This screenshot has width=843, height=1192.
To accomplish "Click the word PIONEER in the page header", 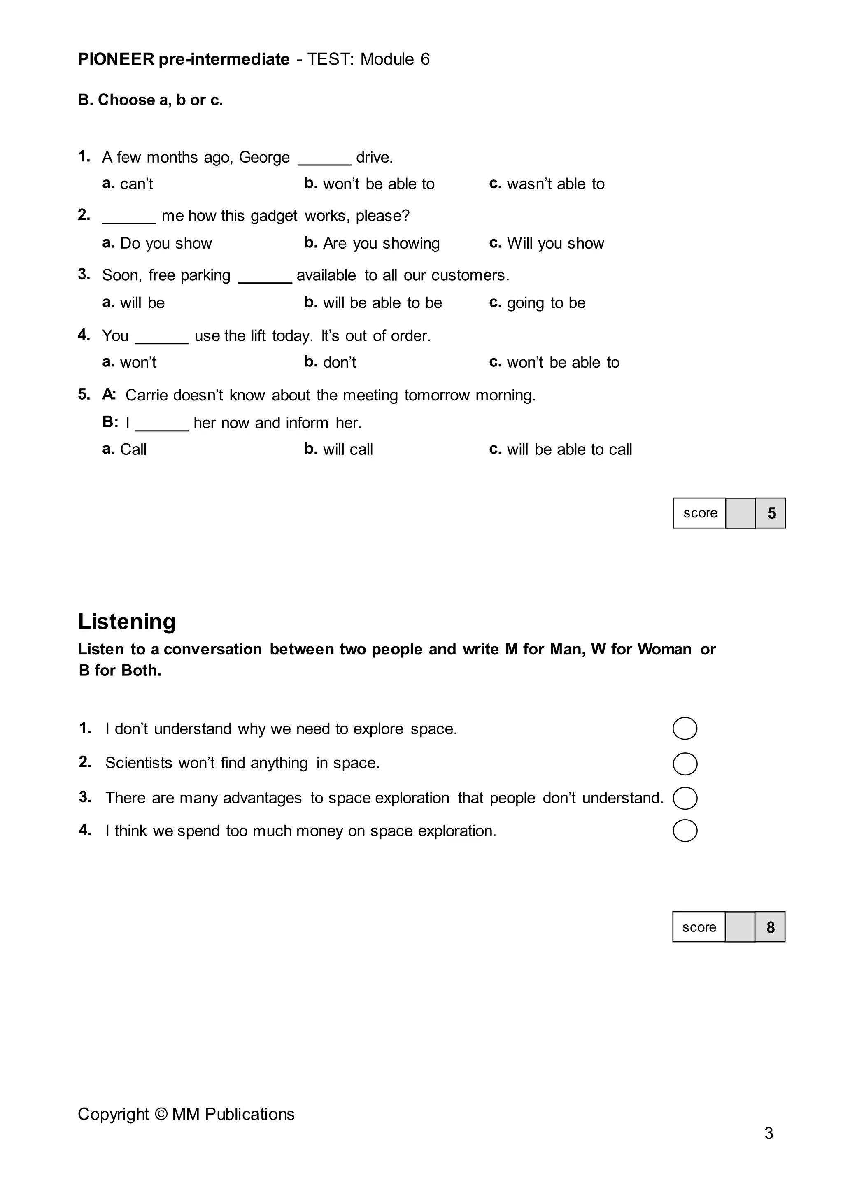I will pyautogui.click(x=116, y=59).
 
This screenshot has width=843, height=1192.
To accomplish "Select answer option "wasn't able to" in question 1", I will pyautogui.click(x=555, y=184).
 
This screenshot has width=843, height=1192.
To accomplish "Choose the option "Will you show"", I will pyautogui.click(x=555, y=244).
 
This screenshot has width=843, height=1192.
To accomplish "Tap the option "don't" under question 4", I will pyautogui.click(x=339, y=362).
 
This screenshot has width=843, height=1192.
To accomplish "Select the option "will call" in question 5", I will pyautogui.click(x=347, y=449).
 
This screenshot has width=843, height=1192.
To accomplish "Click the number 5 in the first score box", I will pyautogui.click(x=771, y=513).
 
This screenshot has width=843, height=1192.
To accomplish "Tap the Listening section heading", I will pyautogui.click(x=127, y=622).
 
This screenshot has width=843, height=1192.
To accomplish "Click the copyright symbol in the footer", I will pyautogui.click(x=161, y=1114).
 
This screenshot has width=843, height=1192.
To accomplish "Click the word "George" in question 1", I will pyautogui.click(x=264, y=157).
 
